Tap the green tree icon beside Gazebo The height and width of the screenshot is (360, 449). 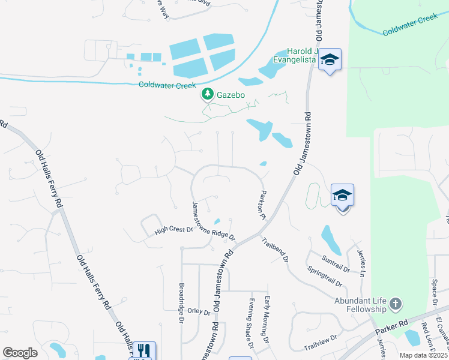click(208, 94)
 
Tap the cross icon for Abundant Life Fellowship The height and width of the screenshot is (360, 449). click(395, 304)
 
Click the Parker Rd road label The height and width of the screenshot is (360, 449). click(391, 326)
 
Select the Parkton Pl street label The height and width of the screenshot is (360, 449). click(262, 205)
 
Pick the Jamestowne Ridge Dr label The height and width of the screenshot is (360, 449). click(212, 221)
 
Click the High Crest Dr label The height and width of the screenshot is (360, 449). click(173, 229)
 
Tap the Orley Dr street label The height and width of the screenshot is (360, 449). click(199, 311)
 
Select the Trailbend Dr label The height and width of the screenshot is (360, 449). click(275, 250)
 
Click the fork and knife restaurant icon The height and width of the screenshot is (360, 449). click(143, 350)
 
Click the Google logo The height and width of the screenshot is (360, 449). click(20, 353)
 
